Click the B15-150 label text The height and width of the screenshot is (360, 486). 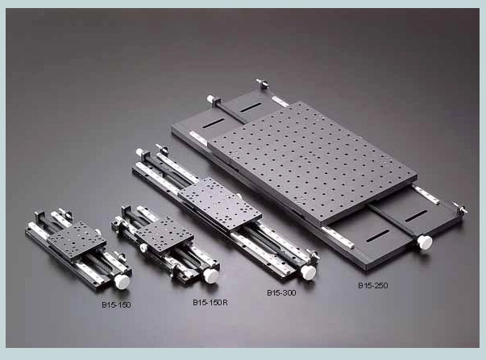coord(116,305)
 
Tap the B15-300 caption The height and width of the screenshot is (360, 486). coord(281,292)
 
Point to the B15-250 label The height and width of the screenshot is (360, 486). coord(376,285)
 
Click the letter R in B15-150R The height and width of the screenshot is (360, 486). coord(226,302)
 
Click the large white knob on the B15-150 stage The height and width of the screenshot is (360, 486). coord(123,281)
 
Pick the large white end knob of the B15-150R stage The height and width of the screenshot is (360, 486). coord(211,275)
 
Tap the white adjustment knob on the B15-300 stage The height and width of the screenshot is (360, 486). coord(308,272)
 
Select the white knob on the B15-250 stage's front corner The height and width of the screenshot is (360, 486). coord(424,242)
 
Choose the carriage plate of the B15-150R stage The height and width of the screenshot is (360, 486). coord(164,235)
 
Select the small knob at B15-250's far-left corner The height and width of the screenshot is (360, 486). coord(210,99)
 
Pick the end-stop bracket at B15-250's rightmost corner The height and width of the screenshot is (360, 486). coord(460,210)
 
